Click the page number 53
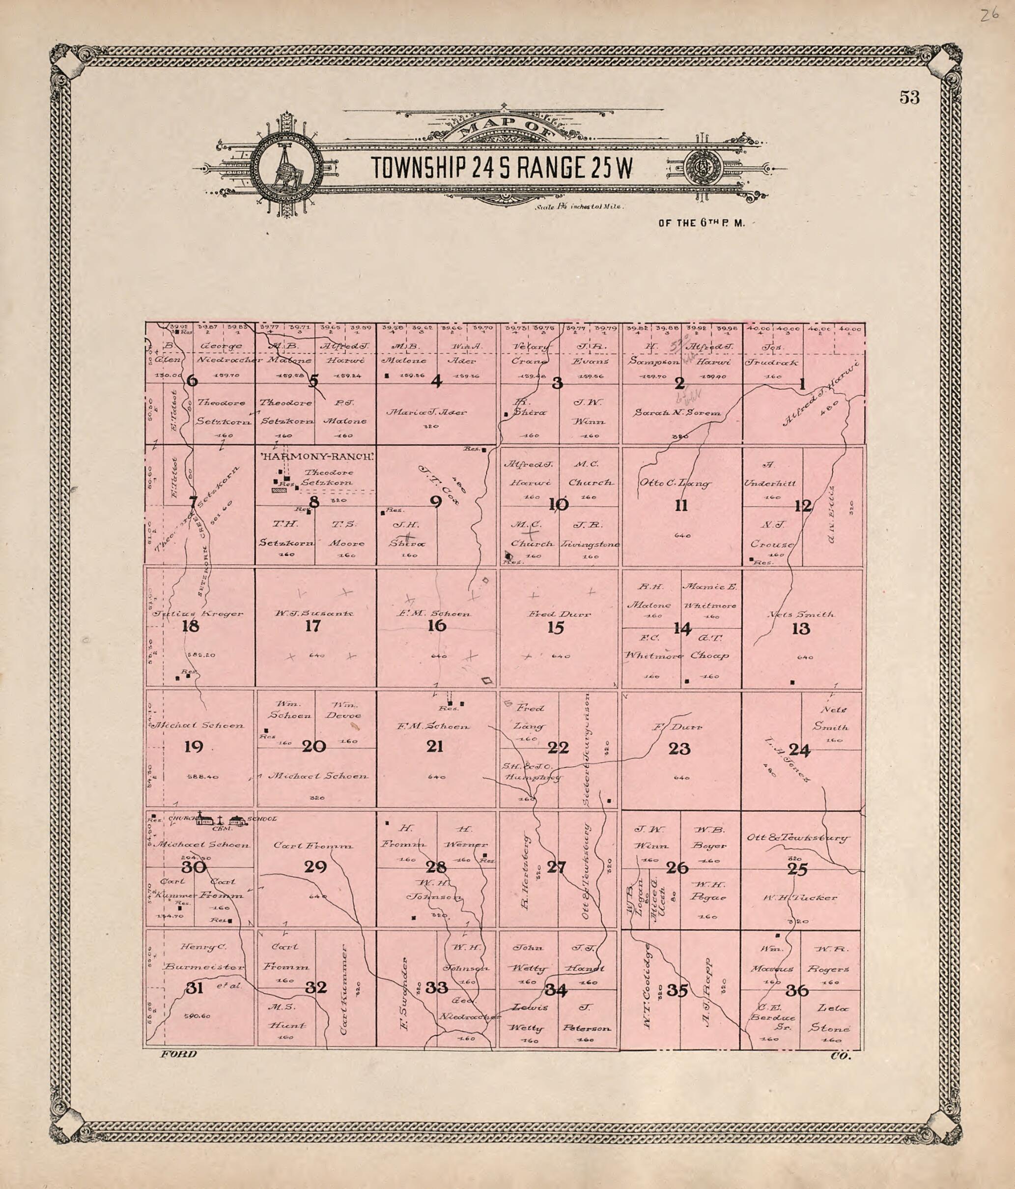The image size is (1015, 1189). click(909, 97)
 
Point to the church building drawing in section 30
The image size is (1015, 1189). click(206, 819)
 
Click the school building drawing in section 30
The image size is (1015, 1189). click(237, 820)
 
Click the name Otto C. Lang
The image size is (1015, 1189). click(675, 483)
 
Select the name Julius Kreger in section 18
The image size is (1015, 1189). click(198, 613)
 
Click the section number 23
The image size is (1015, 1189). click(679, 749)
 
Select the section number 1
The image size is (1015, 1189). click(802, 384)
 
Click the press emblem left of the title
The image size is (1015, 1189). click(284, 167)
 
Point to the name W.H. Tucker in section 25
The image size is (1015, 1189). click(799, 898)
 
